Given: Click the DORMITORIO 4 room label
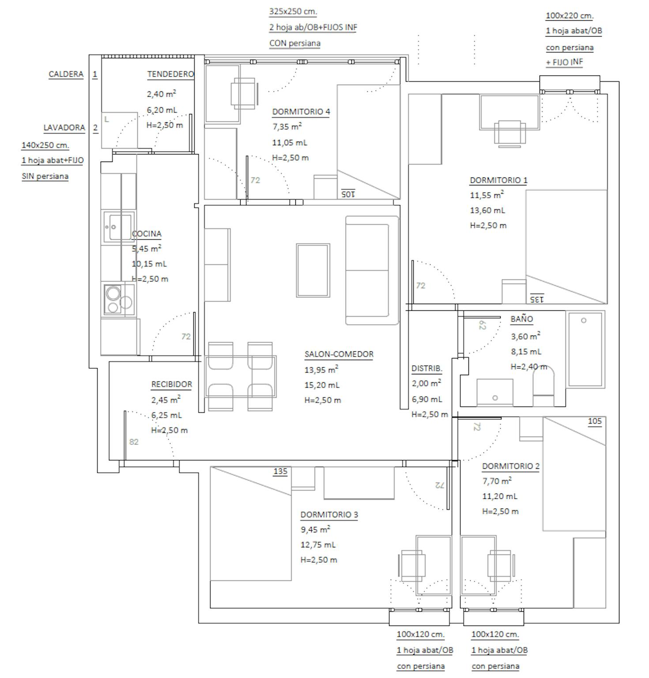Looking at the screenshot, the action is [301, 112].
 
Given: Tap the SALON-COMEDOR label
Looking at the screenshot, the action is [339, 354].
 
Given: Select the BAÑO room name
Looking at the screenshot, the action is [522, 319].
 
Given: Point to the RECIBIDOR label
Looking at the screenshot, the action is [172, 384].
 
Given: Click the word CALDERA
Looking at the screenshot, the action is [66, 74].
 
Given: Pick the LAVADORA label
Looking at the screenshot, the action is [64, 128].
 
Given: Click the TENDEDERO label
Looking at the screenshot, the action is [170, 74].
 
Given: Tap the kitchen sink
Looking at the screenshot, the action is [118, 227].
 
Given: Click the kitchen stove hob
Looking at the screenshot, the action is [119, 299].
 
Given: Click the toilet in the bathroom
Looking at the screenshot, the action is [543, 385].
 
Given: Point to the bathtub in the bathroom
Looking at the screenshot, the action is [586, 349].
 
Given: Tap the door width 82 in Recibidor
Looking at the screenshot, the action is [134, 441].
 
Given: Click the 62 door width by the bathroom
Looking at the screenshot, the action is [482, 325].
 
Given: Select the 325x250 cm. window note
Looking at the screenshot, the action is [293, 11].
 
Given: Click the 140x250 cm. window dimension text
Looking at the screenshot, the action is [45, 145].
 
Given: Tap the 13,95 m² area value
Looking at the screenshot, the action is [321, 369].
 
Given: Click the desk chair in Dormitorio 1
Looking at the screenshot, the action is [510, 133].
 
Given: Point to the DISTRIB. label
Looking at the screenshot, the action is [427, 368].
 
